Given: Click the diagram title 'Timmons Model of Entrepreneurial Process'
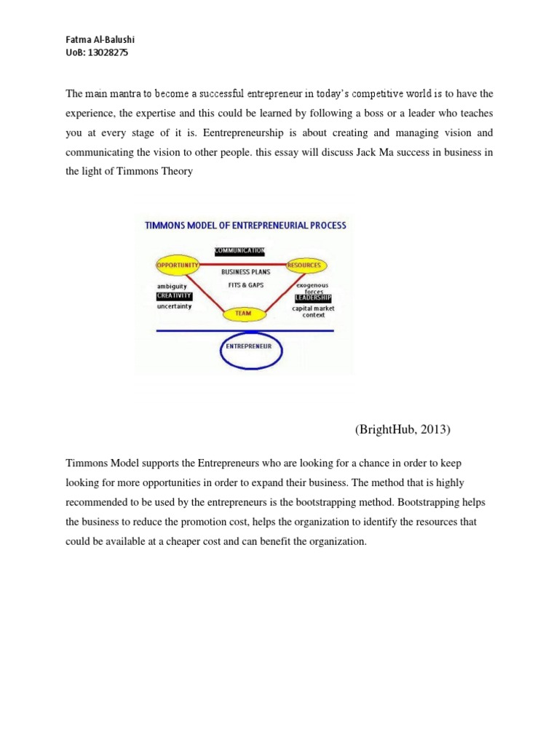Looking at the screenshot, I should pos(245,226).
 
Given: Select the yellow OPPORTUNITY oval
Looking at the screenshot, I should pos(176,266).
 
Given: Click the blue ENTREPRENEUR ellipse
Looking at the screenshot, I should pos(249,348).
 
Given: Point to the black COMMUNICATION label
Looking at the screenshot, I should pos(239,251).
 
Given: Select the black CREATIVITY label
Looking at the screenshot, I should pos(174,296).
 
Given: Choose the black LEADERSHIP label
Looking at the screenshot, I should pos(313,298).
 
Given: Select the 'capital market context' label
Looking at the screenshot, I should pos(314,311).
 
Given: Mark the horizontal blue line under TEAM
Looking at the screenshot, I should pos(245,330).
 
